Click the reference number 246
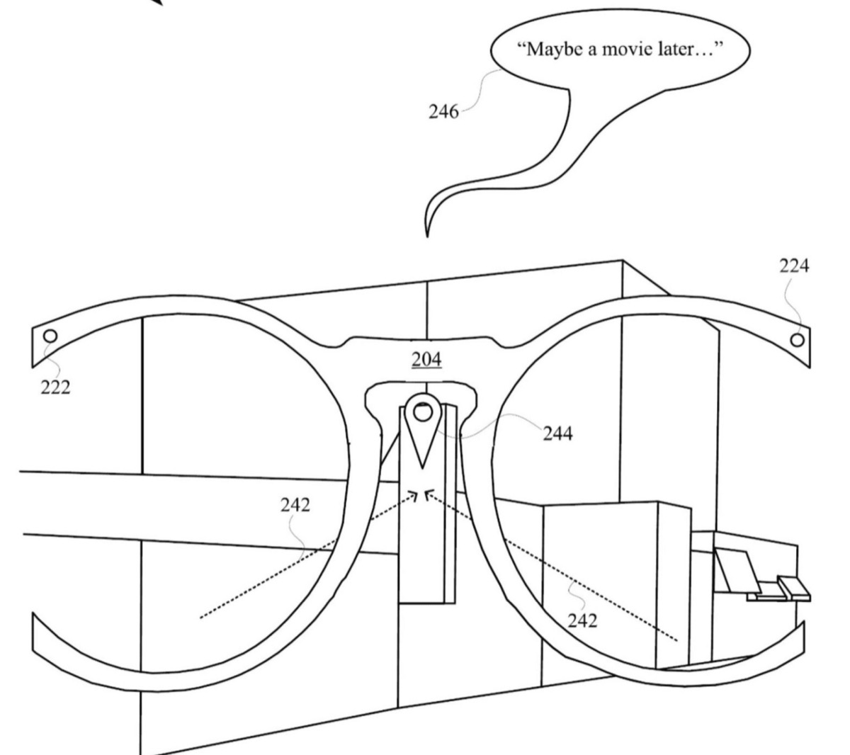pos(443,111)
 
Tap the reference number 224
pos(794,266)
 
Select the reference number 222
pos(55,387)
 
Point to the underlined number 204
pos(426,360)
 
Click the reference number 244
pos(558,433)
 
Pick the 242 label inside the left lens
pos(295,505)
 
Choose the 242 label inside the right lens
pos(582,621)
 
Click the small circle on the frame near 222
pos(50,335)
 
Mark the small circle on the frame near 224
pos(798,339)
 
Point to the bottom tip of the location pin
pos(423,467)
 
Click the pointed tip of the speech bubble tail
pos(427,234)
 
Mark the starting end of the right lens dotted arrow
pos(678,640)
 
